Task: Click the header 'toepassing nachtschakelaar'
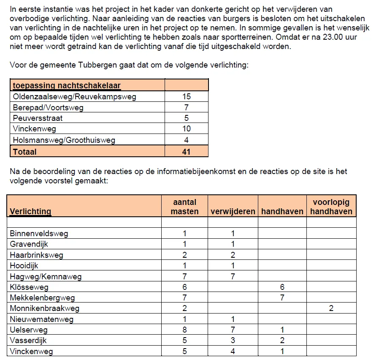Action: tap(67, 86)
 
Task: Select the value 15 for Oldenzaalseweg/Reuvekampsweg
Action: tap(186, 97)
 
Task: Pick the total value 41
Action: tap(186, 151)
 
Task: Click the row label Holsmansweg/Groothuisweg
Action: tap(64, 140)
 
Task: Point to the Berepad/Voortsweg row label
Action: tap(48, 108)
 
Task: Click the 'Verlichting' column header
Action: tap(30, 211)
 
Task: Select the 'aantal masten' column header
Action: tap(184, 207)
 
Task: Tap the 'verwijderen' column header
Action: tap(233, 211)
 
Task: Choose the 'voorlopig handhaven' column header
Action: tap(331, 207)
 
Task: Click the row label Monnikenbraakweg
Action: tap(44, 308)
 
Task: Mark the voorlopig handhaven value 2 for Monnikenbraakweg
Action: tap(331, 308)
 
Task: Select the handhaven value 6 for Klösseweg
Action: tap(282, 287)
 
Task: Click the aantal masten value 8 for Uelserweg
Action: tap(184, 330)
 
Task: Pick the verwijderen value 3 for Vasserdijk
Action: tap(233, 341)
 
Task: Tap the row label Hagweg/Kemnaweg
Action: tap(46, 277)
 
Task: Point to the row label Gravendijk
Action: tap(29, 244)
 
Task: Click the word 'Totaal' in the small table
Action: tap(25, 151)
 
